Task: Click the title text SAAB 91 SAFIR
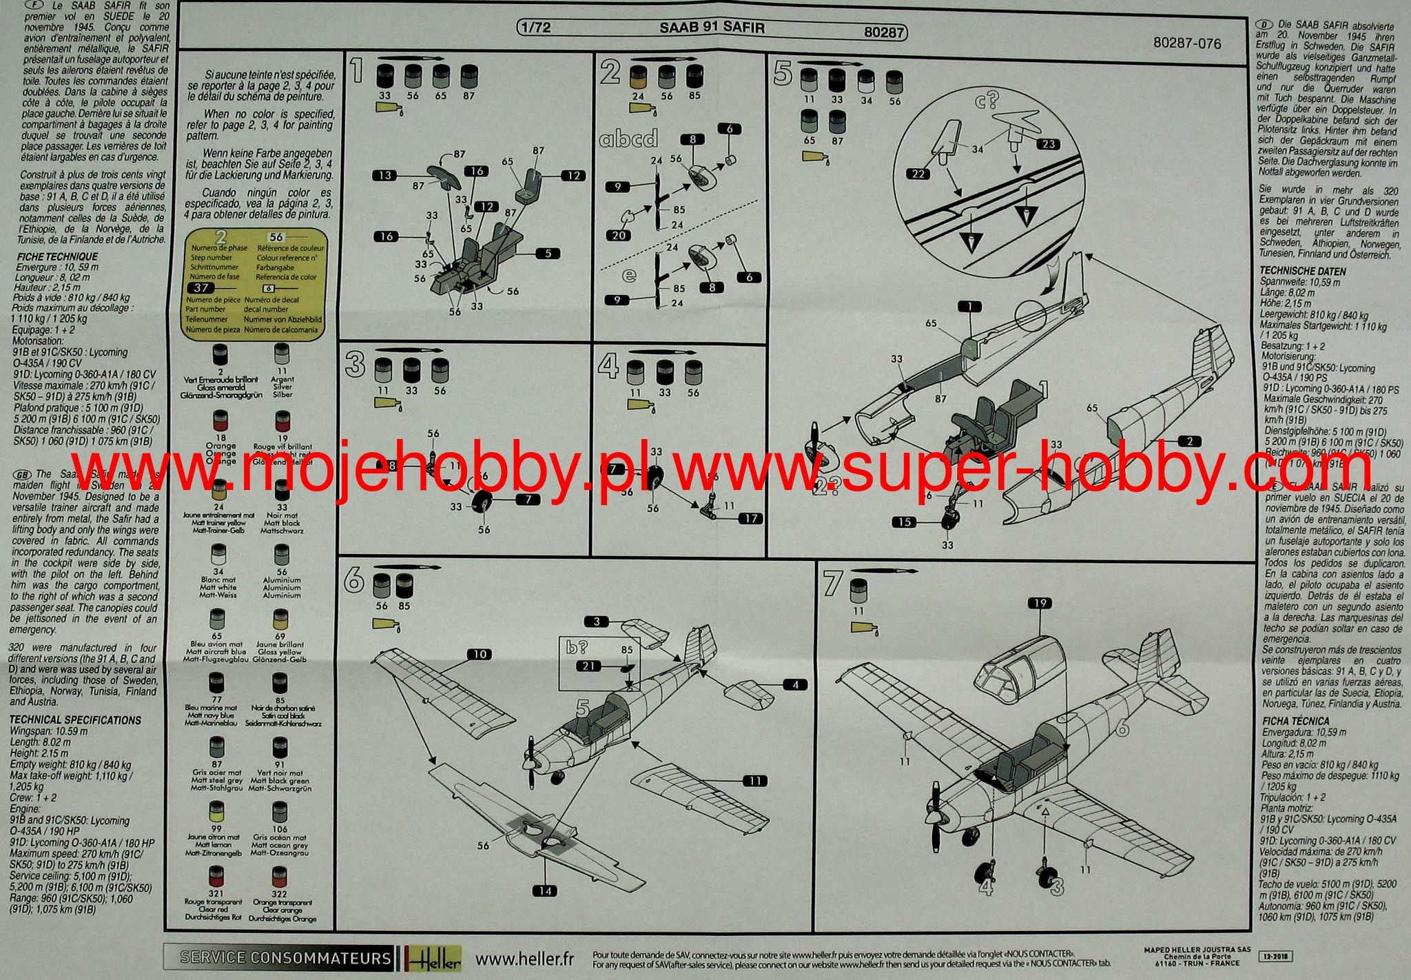712,28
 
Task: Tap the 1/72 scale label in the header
536,28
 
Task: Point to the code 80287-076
1186,43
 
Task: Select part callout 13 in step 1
384,175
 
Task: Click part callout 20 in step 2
619,235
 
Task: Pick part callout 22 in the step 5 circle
918,174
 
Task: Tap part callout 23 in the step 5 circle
1048,144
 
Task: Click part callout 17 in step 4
750,518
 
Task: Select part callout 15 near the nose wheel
905,522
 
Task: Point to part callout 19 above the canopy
1040,603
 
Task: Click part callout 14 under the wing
545,891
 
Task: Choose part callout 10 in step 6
480,654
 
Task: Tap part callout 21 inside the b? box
588,666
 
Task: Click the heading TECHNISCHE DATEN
1302,271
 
